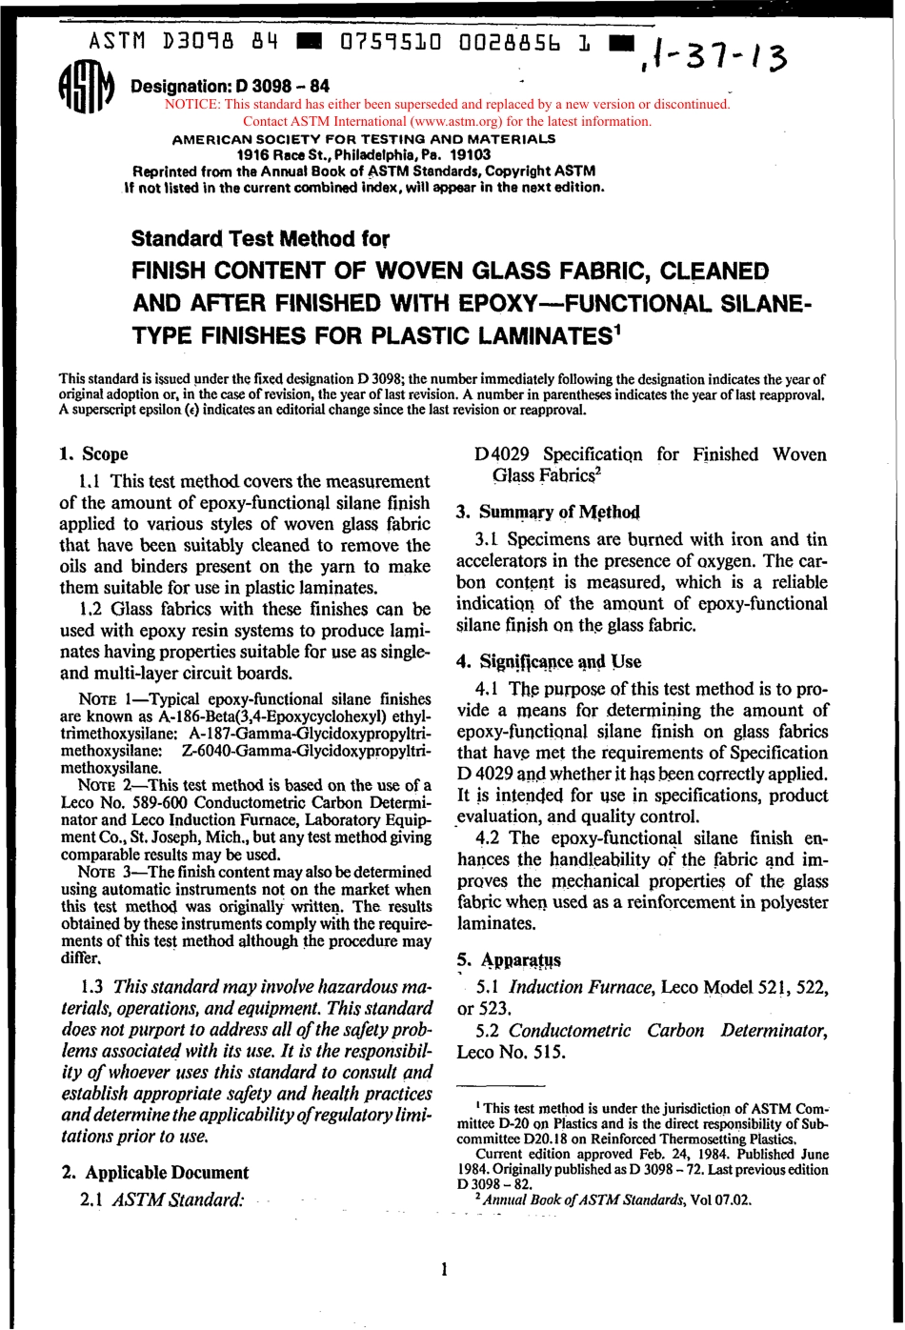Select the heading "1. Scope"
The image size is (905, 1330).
pyautogui.click(x=93, y=453)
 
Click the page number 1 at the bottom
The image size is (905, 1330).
pyautogui.click(x=444, y=1268)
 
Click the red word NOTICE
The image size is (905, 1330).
pyautogui.click(x=193, y=105)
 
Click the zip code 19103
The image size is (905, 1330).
pyautogui.click(x=470, y=154)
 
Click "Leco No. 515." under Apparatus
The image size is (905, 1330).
pyautogui.click(x=512, y=1052)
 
